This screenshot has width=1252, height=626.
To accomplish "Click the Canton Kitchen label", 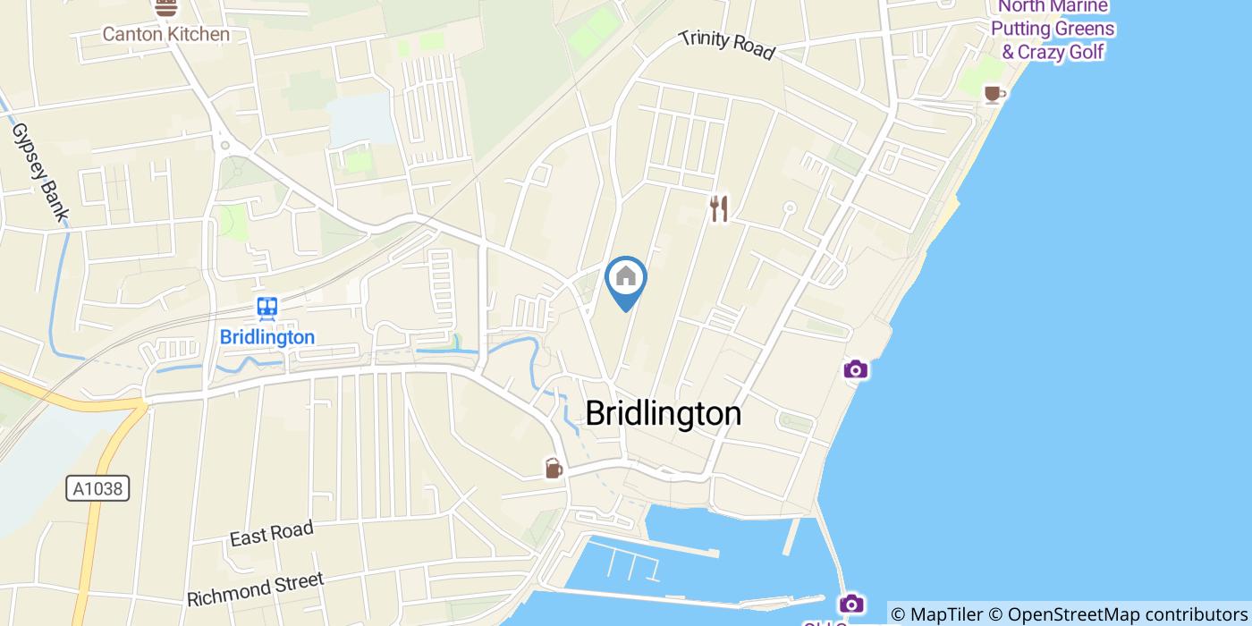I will pos(165,35).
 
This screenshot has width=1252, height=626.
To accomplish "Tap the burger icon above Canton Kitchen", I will pos(165,8).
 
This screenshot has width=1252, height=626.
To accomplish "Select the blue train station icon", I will pos(266,309).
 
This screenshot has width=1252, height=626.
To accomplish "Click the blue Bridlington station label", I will pos(266,337).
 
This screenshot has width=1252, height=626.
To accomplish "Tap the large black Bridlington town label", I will pos(663,413).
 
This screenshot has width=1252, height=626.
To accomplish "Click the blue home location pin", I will pos(626,279).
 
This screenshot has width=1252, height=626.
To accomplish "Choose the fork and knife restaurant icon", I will pos(718,209).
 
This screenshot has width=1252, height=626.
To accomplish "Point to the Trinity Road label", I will pos(726,45).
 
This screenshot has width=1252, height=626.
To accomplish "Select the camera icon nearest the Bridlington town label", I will pos(855,369).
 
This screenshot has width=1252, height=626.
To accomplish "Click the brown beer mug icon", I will pos(554,468).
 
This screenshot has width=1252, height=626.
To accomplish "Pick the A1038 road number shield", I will pos(98,488).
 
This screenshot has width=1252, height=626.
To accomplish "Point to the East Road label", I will pos(271,533).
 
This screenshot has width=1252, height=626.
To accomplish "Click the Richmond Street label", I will pos(255,589).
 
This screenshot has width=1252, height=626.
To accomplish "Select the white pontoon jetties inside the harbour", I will pos(630,563).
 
